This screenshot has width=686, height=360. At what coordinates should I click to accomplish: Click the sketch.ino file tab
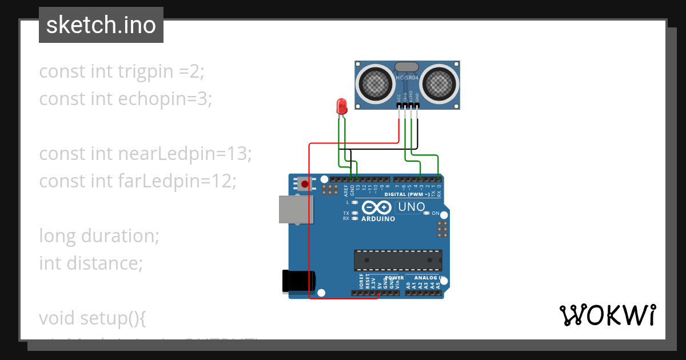(x=101, y=25)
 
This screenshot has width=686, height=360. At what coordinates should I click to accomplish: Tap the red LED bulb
(x=341, y=106)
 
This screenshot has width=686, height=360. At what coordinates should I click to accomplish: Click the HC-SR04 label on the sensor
(x=407, y=78)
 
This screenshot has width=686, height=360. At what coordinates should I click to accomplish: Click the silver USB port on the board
(x=296, y=209)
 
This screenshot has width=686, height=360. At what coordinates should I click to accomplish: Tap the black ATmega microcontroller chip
(x=398, y=260)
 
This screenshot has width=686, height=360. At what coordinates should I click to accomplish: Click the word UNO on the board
(x=411, y=206)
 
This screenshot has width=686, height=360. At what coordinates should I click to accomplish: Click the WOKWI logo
(x=607, y=315)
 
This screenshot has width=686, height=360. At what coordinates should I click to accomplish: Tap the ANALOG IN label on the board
(x=428, y=278)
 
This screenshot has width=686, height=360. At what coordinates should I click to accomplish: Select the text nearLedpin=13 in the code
(x=185, y=153)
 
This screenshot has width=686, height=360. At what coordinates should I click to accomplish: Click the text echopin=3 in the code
(x=165, y=99)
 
